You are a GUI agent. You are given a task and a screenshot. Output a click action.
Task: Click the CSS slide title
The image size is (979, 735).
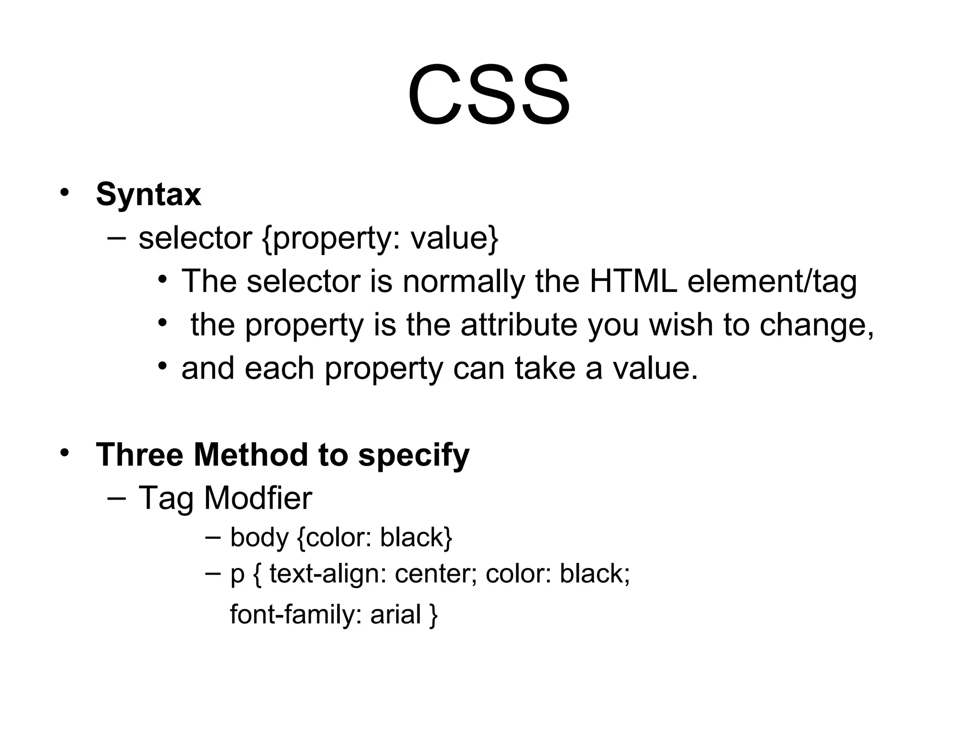pyautogui.click(x=489, y=96)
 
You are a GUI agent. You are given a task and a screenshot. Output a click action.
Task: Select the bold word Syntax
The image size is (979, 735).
pyautogui.click(x=148, y=194)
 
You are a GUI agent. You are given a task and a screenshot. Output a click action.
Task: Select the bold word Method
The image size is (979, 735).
pyautogui.click(x=250, y=455)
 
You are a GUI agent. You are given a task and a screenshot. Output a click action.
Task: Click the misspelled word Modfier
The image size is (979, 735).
pyautogui.click(x=258, y=498)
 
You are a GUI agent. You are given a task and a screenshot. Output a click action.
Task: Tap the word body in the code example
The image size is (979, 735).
pyautogui.click(x=259, y=537)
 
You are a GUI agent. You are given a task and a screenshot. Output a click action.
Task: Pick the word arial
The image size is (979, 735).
pyautogui.click(x=395, y=614)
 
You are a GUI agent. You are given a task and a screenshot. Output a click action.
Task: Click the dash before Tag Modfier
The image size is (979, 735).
pyautogui.click(x=117, y=498)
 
